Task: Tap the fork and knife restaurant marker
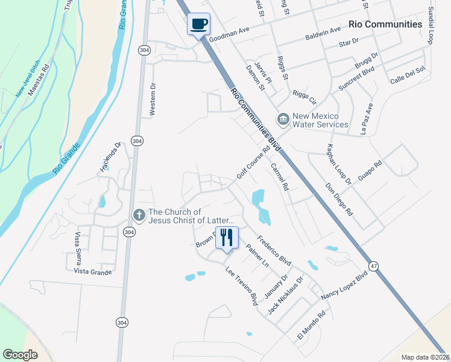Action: (227, 237)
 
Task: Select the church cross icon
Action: (139, 215)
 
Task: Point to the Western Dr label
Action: (153, 100)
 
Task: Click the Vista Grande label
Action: (93, 272)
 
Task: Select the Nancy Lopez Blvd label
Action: (344, 285)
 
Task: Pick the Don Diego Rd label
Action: (339, 200)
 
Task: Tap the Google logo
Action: (20, 355)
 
